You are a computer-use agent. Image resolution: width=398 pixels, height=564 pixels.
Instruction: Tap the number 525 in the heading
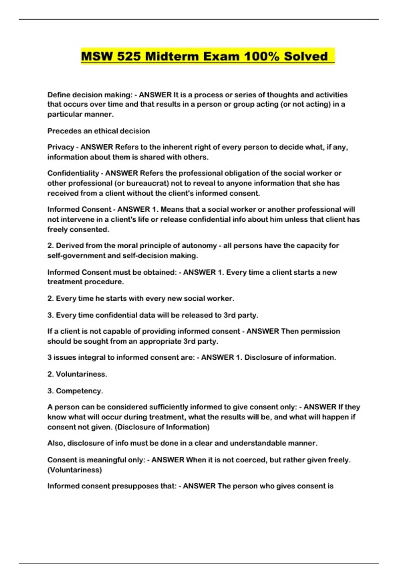[129, 56]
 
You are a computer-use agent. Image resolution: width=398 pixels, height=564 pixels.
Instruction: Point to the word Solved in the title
[306, 56]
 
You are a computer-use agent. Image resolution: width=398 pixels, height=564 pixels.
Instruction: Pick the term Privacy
[60, 147]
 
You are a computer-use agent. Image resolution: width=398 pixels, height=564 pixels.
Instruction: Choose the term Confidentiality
[73, 173]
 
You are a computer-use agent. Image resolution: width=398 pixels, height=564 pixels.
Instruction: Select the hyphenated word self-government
[75, 255]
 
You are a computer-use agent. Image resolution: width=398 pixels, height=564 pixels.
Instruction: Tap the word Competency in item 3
[78, 391]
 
